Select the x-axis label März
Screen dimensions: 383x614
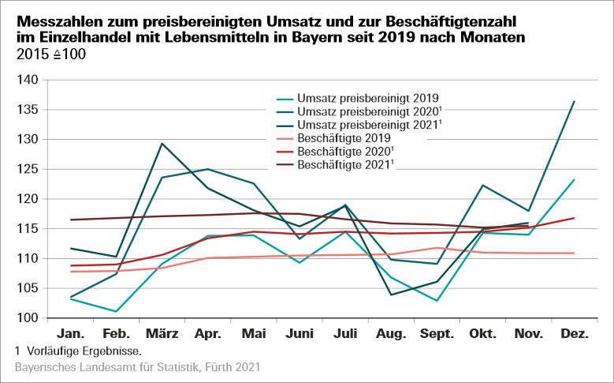(162, 334)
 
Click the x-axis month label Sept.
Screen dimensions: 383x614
(436, 334)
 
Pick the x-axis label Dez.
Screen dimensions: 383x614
(574, 334)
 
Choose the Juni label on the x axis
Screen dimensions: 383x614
(300, 334)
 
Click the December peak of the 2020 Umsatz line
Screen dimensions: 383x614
(573, 101)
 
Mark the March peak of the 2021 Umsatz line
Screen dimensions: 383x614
(162, 144)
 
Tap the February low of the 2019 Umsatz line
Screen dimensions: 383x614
(116, 311)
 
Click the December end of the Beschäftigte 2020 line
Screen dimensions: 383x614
(573, 218)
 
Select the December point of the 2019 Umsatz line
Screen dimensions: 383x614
(573, 180)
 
